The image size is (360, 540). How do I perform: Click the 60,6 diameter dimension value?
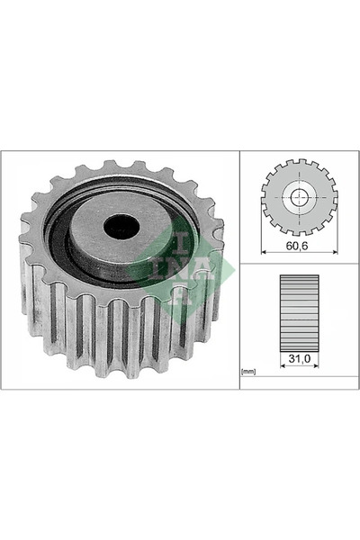coord(297,246)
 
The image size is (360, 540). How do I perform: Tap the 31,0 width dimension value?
coord(300,359)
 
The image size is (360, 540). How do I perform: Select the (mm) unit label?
coord(248,372)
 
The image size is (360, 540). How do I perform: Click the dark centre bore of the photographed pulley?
coord(121,226)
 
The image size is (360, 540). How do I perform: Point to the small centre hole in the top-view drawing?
coord(299,197)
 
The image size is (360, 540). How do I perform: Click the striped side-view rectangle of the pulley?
coord(300,313)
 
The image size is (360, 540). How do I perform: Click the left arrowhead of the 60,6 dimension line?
coord(264,252)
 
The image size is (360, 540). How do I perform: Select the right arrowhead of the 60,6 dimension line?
coord(335,252)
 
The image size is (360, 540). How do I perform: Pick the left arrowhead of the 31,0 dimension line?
coord(283,365)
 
